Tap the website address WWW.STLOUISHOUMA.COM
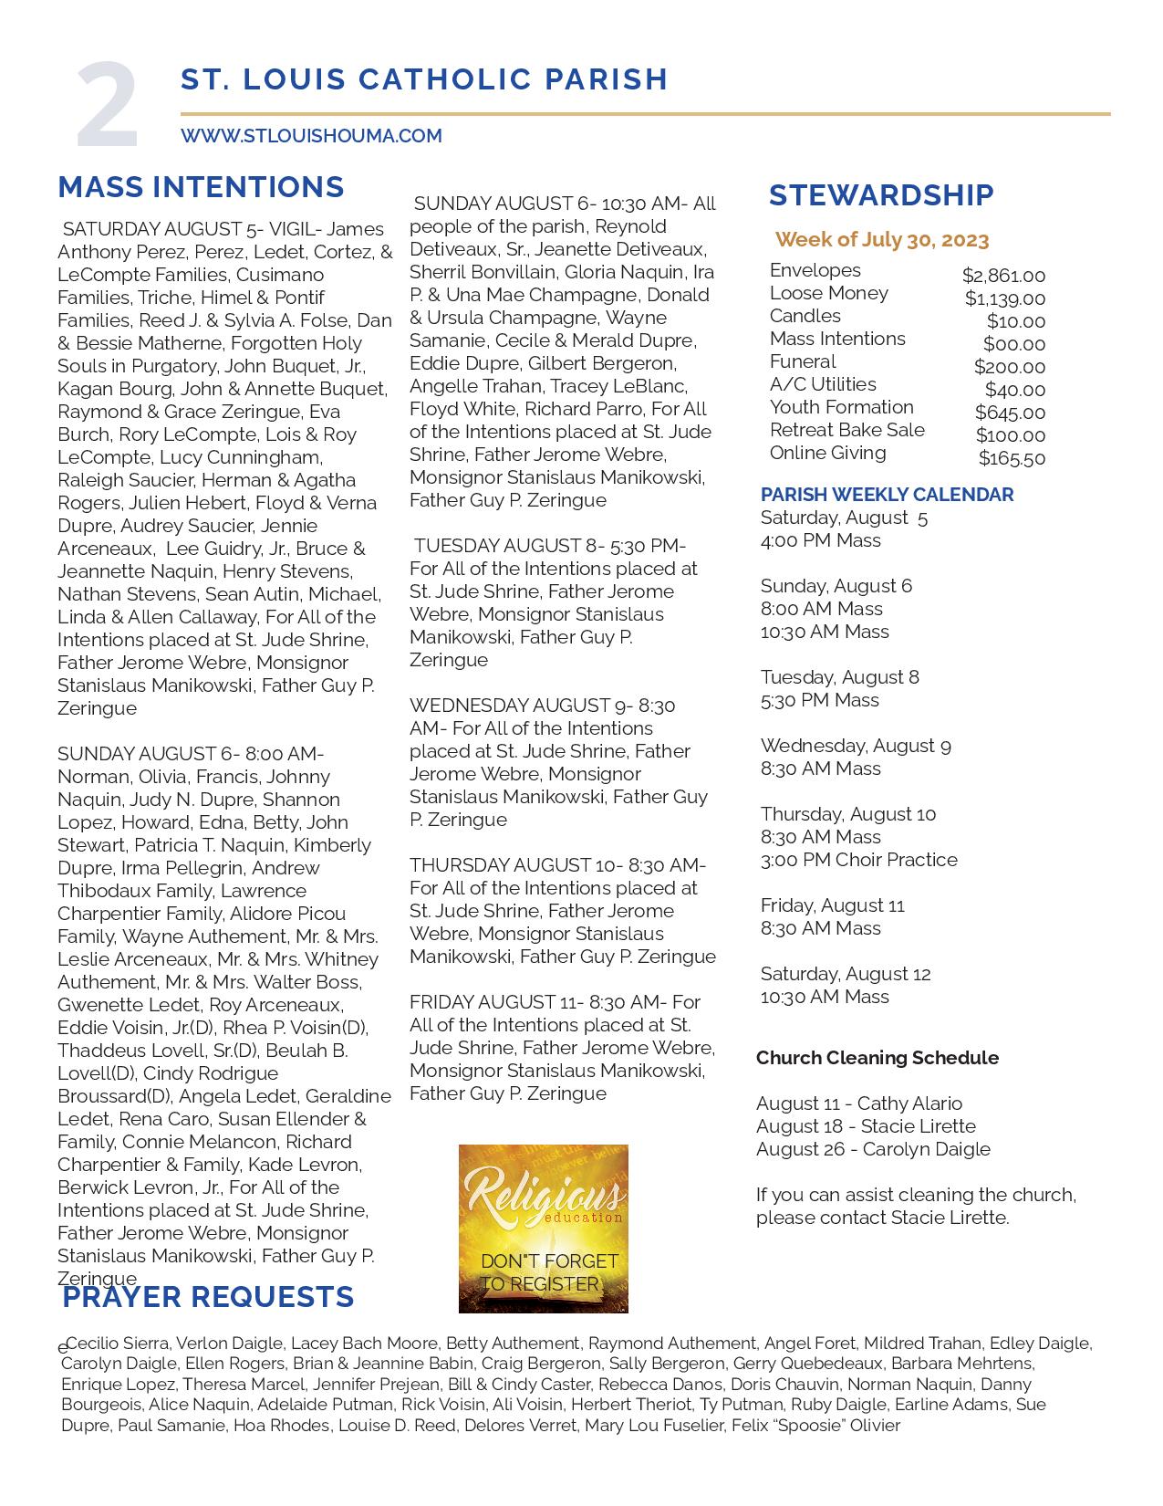pyautogui.click(x=311, y=136)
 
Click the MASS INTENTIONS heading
pyautogui.click(x=201, y=187)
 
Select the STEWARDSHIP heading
pyautogui.click(x=880, y=195)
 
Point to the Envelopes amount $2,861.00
pyautogui.click(x=1003, y=276)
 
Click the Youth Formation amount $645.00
pyautogui.click(x=1010, y=413)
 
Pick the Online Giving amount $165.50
pyautogui.click(x=1012, y=458)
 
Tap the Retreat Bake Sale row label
pyautogui.click(x=846, y=430)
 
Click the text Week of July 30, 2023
pyautogui.click(x=881, y=240)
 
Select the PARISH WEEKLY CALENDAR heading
pyautogui.click(x=887, y=495)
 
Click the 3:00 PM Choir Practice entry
pyautogui.click(x=858, y=860)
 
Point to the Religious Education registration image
pyautogui.click(x=543, y=1228)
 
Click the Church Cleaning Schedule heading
pyautogui.click(x=877, y=1058)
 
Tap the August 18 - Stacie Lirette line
pyautogui.click(x=866, y=1126)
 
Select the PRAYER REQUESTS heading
pyautogui.click(x=208, y=1297)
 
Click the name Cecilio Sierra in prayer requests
pyautogui.click(x=117, y=1344)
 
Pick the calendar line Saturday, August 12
pyautogui.click(x=845, y=974)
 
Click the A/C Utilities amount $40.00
pyautogui.click(x=1014, y=390)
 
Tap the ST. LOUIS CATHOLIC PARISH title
pyautogui.click(x=424, y=79)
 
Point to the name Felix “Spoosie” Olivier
pyautogui.click(x=815, y=1426)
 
